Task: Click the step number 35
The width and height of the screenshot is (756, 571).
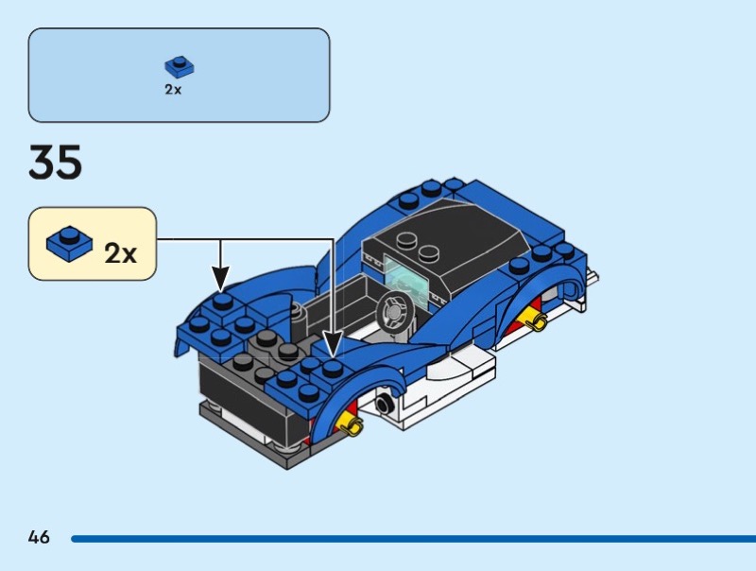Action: click(56, 162)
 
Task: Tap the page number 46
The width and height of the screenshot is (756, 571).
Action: click(39, 537)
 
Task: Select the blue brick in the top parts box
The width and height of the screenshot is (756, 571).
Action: click(180, 67)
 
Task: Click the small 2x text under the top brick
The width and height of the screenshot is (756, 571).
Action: click(173, 90)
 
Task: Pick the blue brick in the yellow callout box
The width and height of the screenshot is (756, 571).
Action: click(69, 244)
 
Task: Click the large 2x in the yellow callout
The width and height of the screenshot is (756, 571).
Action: click(121, 252)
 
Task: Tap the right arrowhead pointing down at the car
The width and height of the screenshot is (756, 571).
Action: click(333, 344)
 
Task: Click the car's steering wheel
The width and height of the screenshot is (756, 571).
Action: click(395, 312)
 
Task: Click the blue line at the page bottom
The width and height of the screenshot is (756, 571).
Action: click(413, 539)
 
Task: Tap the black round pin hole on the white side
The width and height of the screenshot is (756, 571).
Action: click(384, 403)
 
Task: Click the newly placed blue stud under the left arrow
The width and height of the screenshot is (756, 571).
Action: click(223, 302)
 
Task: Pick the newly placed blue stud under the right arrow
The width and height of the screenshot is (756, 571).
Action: click(333, 369)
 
